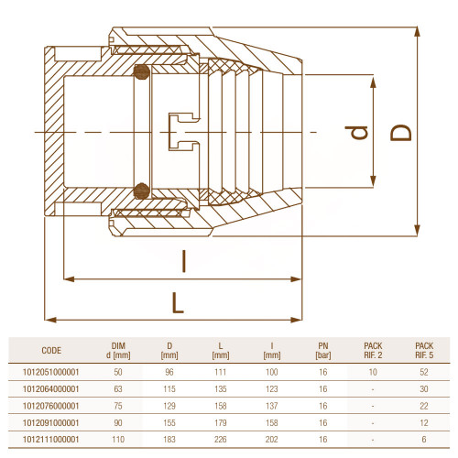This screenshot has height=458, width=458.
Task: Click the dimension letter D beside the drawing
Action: [401, 133]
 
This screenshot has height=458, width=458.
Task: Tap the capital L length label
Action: [178, 303]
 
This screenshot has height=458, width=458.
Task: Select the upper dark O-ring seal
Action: [142, 72]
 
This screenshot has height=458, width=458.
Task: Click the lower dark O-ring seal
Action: [142, 191]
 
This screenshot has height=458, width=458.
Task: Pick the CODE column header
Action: [51, 351]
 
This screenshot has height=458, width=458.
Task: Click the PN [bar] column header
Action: [323, 351]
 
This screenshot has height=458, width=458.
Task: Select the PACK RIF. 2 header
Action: [373, 351]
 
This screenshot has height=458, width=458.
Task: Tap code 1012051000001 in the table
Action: [51, 372]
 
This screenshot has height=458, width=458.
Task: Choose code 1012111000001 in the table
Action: [51, 440]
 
